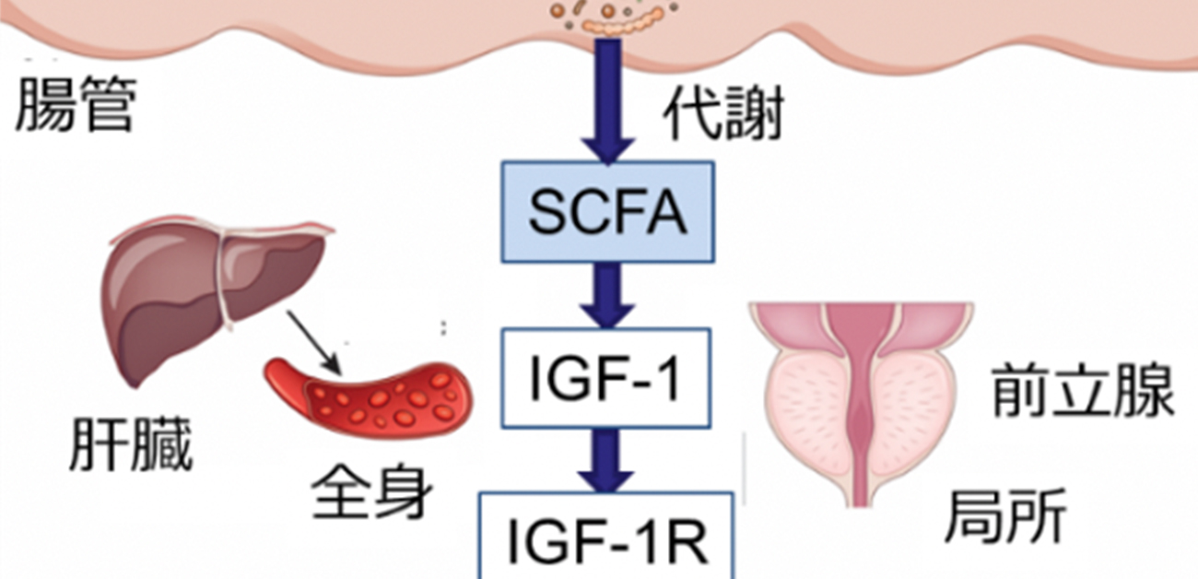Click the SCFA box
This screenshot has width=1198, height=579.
coord(607,211)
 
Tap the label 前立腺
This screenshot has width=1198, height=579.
coord(1083,390)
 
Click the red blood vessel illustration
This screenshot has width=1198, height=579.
coord(369,396)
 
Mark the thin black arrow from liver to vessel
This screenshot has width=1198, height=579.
coord(314,341)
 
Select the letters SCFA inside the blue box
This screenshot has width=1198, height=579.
coord(607,211)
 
